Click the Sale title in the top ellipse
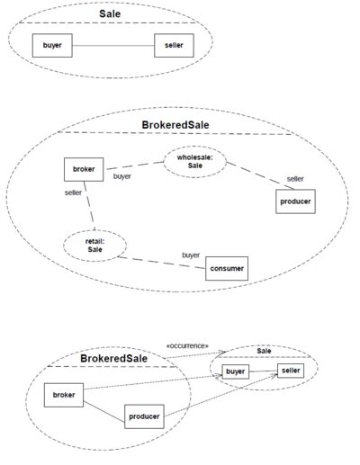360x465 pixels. coord(109,13)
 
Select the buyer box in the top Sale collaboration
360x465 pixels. coord(51,45)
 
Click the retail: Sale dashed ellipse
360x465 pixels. coord(96,246)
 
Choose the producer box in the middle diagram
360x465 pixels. coord(295,201)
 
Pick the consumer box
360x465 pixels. coord(226,269)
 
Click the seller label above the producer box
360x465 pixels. coord(295,179)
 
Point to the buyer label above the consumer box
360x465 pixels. coord(191,255)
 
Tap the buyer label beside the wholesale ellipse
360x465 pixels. coord(122,177)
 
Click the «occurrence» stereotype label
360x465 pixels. coord(187,345)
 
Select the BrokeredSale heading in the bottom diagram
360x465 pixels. coord(114,358)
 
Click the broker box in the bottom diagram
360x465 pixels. coord(64,395)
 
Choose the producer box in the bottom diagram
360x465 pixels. coord(144,417)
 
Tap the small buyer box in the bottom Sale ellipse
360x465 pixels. coord(236,371)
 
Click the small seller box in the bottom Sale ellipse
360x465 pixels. coord(291,370)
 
